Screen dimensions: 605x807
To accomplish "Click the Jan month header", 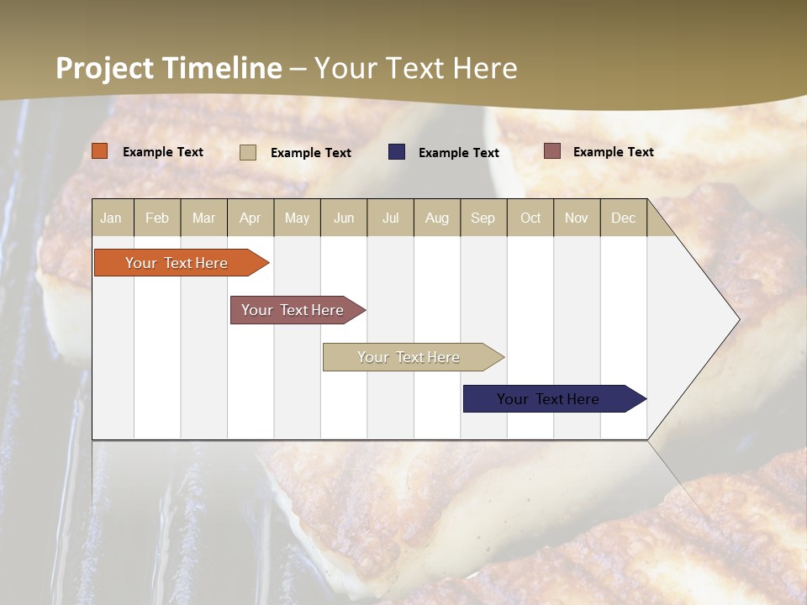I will click(x=112, y=218).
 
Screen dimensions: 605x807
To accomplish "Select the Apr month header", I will click(x=251, y=218).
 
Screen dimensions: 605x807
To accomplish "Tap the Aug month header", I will click(x=437, y=218).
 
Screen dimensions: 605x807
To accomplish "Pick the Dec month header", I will click(x=624, y=218).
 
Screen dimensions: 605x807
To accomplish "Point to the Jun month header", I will click(x=344, y=218).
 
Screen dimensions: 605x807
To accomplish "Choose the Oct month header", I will click(x=530, y=218).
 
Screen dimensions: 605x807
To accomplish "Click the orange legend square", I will click(x=100, y=151).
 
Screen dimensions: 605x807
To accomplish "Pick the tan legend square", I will click(x=248, y=152).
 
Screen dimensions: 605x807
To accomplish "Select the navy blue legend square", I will click(x=397, y=151).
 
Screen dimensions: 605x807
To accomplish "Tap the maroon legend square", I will click(x=552, y=151).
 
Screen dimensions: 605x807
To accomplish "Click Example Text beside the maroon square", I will click(x=613, y=152).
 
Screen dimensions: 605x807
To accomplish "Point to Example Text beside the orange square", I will click(x=163, y=152).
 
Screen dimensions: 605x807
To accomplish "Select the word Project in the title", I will click(x=105, y=68).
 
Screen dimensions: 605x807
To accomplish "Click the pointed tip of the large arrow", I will click(x=737, y=319).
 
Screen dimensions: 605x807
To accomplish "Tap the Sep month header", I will click(x=483, y=218).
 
